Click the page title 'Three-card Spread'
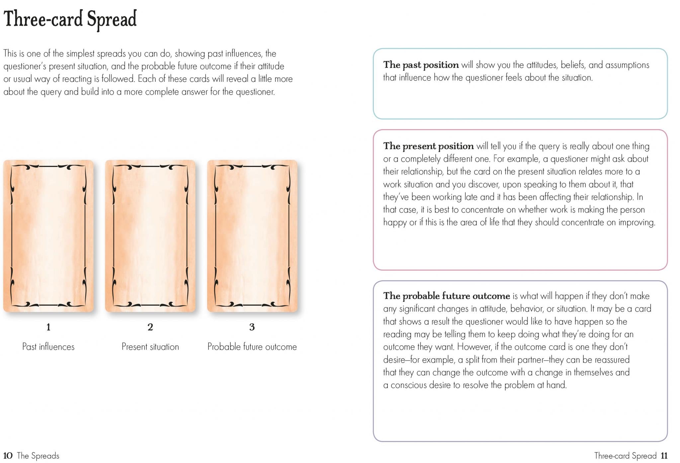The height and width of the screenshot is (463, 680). click(70, 19)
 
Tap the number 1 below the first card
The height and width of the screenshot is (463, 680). click(48, 327)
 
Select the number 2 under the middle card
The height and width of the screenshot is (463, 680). click(150, 327)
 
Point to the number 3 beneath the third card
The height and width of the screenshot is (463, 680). click(252, 327)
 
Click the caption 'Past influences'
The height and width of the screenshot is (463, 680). click(48, 347)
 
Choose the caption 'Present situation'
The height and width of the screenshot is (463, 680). click(150, 347)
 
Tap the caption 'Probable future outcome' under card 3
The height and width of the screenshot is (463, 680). click(252, 347)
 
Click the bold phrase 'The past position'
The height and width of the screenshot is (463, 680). click(421, 65)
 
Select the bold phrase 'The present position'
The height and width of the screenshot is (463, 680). click(428, 146)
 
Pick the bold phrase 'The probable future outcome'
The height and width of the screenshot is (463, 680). click(446, 296)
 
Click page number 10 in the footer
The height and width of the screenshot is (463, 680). click(8, 456)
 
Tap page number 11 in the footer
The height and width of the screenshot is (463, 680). click(664, 456)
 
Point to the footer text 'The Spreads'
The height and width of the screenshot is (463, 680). click(38, 456)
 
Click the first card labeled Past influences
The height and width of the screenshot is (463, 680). click(48, 236)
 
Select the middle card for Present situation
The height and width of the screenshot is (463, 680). click(150, 236)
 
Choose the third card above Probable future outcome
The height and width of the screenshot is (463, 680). click(252, 236)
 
